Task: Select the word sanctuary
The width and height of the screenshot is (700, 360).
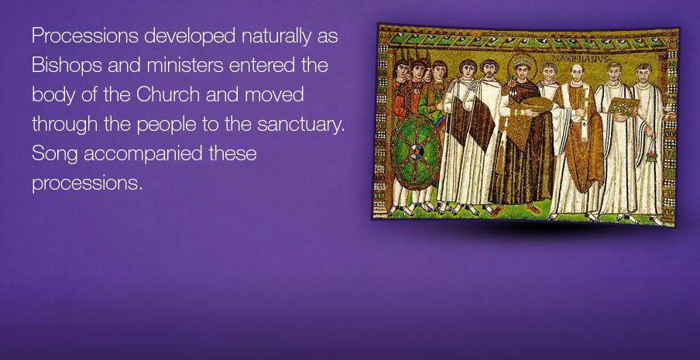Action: (301, 125)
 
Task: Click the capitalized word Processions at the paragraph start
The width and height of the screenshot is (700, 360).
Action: (85, 36)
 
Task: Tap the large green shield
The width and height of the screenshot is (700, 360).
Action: (416, 153)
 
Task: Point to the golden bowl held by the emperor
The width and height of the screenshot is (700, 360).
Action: (536, 105)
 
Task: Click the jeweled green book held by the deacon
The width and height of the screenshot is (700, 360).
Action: (623, 106)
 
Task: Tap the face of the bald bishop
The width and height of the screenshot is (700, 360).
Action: (577, 74)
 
